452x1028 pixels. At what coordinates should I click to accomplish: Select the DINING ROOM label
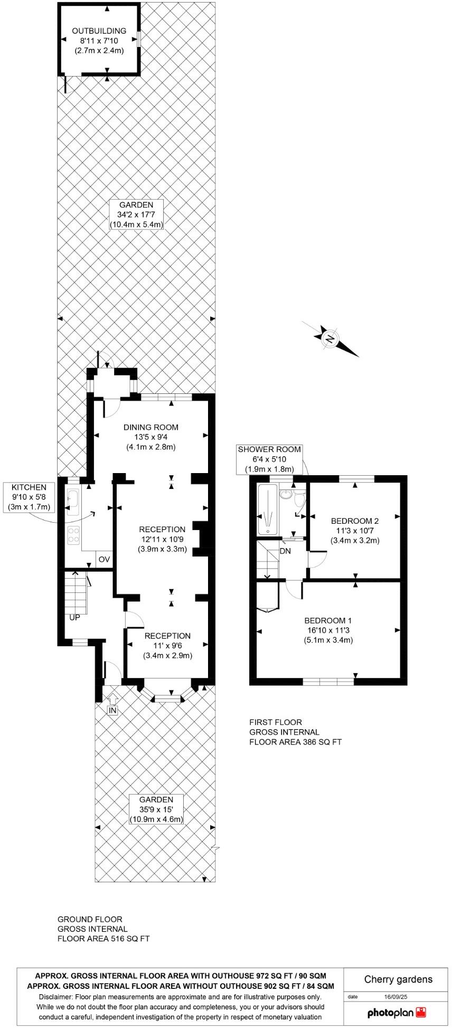[150, 427]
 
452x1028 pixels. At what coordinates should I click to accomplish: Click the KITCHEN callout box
[29, 497]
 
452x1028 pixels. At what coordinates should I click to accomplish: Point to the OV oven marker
[104, 559]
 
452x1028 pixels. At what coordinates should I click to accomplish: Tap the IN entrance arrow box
[112, 710]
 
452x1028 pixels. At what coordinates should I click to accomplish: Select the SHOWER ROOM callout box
[269, 459]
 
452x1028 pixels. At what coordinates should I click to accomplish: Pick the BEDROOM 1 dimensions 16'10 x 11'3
[328, 630]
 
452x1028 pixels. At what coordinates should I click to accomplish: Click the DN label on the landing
[285, 551]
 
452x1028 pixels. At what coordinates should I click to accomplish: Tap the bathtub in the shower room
[268, 509]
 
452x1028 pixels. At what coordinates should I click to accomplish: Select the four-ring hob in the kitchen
[73, 535]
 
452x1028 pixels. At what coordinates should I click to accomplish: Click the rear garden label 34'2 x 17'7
[136, 214]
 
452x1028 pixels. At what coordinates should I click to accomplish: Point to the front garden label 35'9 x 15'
[156, 809]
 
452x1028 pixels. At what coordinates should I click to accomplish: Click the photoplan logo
[396, 1012]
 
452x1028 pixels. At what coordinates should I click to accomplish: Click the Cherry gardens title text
[398, 979]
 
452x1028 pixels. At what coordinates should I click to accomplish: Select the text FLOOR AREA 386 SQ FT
[295, 742]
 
